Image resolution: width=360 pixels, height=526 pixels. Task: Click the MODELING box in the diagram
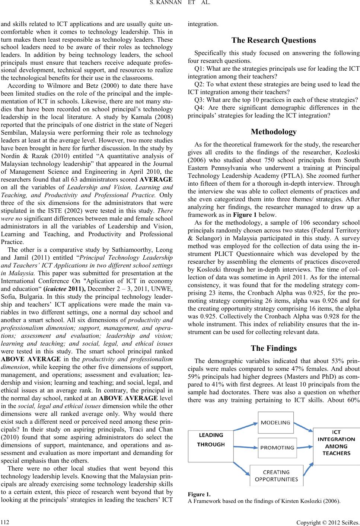point(275,422)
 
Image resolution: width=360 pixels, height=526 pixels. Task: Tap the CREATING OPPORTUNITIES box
point(276,475)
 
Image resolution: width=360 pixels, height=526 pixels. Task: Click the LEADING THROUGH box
point(211,446)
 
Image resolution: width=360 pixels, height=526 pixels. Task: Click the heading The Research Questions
point(274,40)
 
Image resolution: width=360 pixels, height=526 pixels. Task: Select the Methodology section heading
point(274,132)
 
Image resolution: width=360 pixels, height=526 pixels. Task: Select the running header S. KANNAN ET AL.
point(180,4)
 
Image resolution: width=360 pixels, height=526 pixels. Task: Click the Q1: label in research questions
point(200,68)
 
